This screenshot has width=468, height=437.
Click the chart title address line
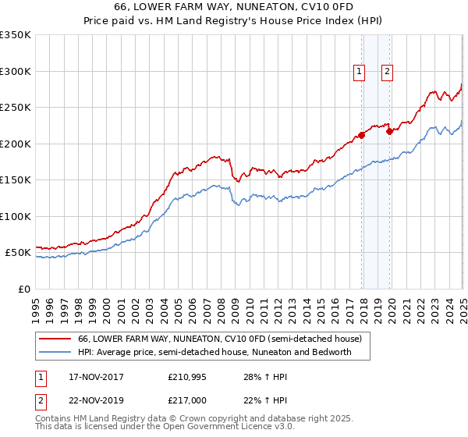click(x=234, y=7)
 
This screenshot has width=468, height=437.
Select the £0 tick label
click(x=24, y=289)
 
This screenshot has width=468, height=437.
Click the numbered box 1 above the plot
click(x=360, y=72)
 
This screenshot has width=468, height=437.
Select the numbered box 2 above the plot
click(x=388, y=72)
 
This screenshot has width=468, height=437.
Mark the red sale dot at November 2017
click(x=362, y=136)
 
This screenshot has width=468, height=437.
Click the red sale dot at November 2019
click(x=390, y=131)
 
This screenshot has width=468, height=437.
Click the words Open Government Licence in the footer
click(x=215, y=428)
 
